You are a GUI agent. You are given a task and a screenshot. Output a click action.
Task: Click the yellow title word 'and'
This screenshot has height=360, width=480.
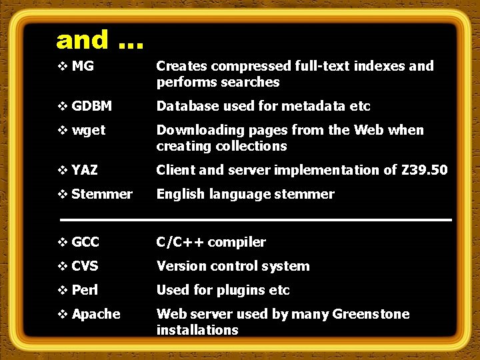click(83, 40)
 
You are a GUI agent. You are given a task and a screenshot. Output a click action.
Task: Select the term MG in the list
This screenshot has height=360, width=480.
click(82, 66)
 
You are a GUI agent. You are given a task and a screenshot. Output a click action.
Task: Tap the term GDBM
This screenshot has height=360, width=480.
click(91, 106)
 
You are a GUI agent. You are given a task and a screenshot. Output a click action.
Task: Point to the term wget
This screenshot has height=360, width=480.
click(89, 131)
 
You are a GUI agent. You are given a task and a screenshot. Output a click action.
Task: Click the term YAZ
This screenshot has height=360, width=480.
click(85, 170)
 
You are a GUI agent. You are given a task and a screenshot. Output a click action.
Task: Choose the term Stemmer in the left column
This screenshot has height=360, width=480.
click(101, 194)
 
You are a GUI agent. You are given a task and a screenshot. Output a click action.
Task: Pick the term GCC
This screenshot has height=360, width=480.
click(85, 242)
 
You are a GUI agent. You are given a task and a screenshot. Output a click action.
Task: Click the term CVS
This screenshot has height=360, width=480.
click(85, 266)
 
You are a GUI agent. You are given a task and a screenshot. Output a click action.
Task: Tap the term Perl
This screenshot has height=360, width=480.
click(85, 290)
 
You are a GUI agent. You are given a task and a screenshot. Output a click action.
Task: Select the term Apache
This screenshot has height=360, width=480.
click(96, 314)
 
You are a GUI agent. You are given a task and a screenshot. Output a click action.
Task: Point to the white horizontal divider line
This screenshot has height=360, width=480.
click(256, 219)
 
